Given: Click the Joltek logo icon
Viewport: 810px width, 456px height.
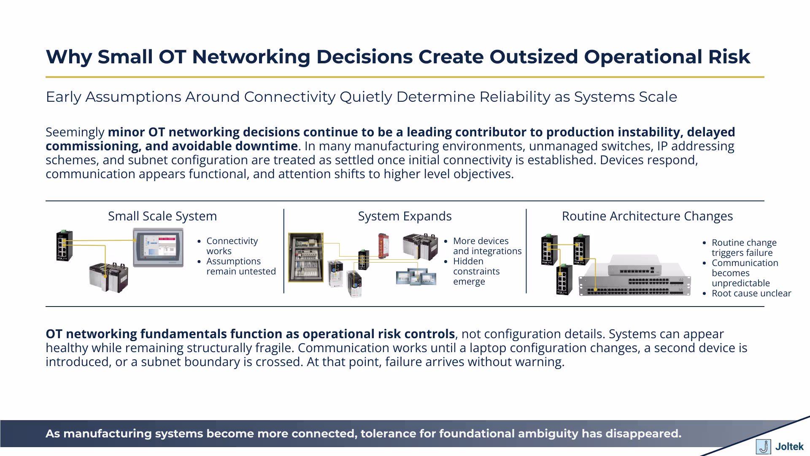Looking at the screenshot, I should coord(763,446).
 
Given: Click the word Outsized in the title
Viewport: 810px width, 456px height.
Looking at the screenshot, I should coord(533,57).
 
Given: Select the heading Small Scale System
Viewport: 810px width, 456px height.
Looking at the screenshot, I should coord(162,216).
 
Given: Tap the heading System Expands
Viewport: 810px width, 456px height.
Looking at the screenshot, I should coord(405,216).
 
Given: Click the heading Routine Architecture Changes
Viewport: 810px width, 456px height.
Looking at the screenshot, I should coord(647,216).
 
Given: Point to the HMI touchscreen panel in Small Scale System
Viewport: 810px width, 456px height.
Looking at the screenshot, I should coord(158,247).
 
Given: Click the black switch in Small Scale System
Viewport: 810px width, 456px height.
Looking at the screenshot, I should coord(65,246).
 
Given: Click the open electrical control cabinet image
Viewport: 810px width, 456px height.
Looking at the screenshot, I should coord(306,257).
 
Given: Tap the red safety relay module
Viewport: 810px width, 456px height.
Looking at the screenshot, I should coord(383,246).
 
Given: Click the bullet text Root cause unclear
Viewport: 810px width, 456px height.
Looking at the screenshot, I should coord(751,293).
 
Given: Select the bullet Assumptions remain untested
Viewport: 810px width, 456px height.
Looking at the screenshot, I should coord(240,266).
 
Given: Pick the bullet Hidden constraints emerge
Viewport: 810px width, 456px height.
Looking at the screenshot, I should coord(476,271).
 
